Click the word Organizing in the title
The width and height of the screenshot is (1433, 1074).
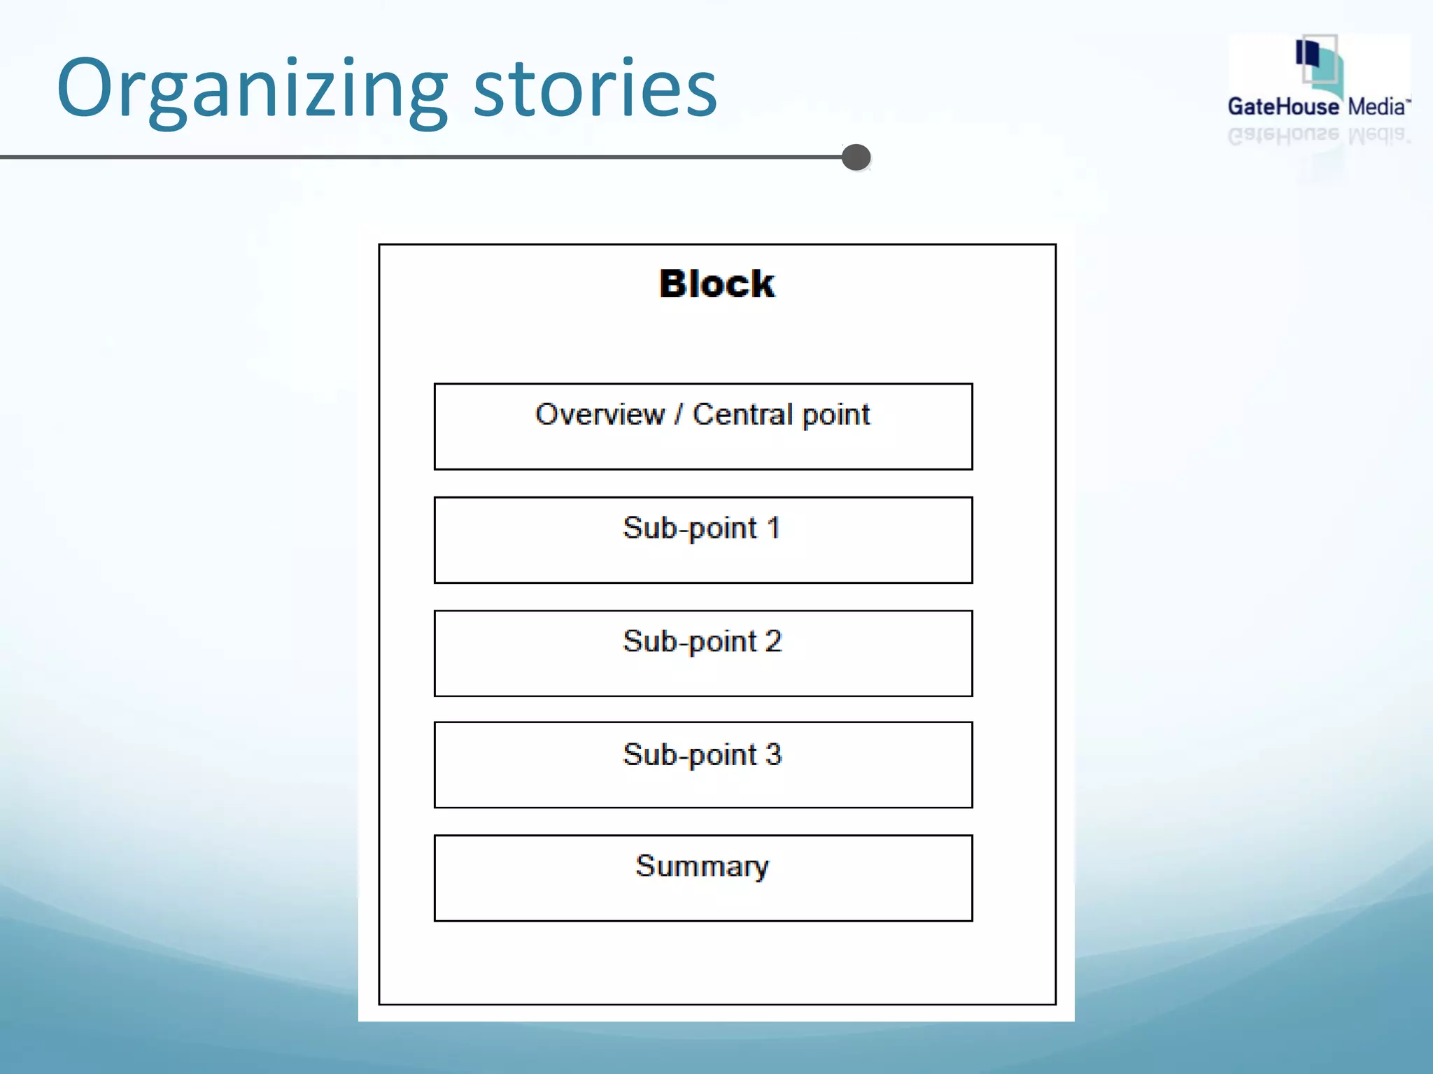click(252, 89)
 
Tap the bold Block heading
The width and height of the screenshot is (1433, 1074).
click(716, 284)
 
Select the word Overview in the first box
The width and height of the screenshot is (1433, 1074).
click(600, 414)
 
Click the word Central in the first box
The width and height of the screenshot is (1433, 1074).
click(742, 414)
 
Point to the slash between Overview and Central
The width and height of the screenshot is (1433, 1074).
click(678, 414)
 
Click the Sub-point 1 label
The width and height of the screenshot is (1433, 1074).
click(702, 528)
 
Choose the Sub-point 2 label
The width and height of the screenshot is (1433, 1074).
click(702, 641)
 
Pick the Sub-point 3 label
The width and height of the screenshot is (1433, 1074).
click(702, 754)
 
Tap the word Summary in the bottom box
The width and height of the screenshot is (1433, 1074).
click(702, 866)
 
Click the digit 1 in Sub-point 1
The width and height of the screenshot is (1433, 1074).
click(773, 528)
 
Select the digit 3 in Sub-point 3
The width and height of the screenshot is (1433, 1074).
click(773, 754)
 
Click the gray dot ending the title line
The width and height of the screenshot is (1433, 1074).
click(856, 157)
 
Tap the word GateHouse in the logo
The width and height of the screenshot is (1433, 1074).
click(1283, 107)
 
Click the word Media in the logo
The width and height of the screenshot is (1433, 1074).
click(1376, 107)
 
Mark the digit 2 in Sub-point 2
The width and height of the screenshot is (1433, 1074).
click(773, 641)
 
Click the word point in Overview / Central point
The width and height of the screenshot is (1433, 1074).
click(835, 415)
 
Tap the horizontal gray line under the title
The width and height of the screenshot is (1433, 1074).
click(420, 157)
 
